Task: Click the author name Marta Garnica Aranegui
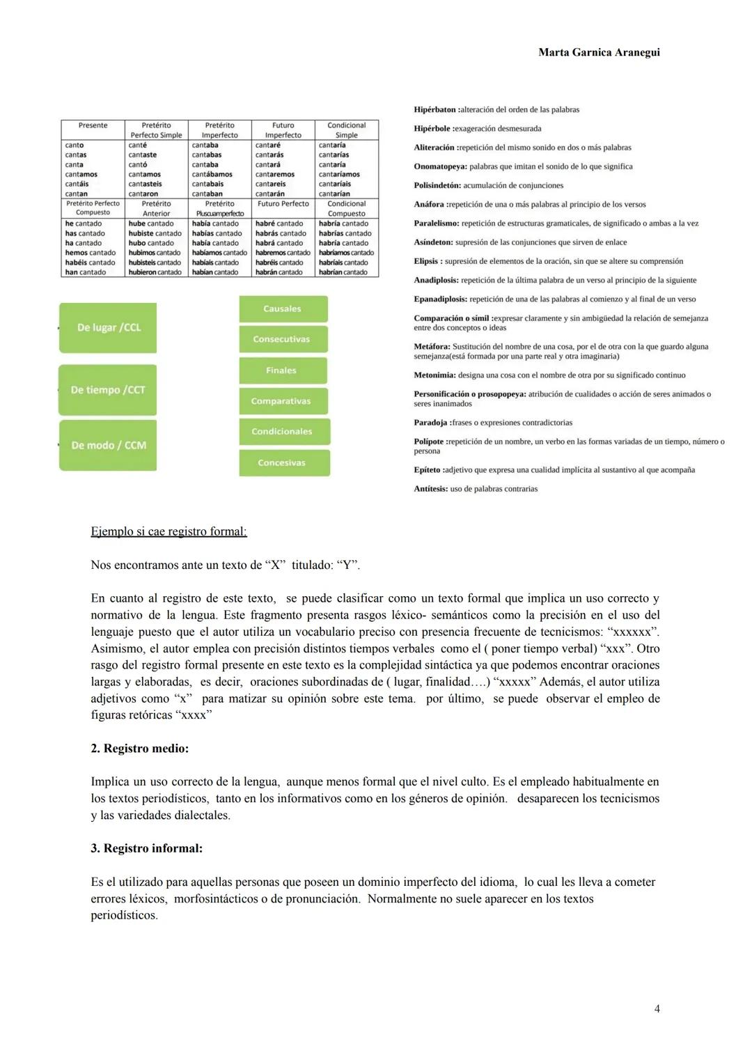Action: (x=599, y=52)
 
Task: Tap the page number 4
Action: (x=657, y=1008)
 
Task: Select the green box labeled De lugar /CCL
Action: (x=108, y=327)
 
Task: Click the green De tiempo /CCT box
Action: (x=108, y=390)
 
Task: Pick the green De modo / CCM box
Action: (x=108, y=445)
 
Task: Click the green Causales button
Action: (x=283, y=309)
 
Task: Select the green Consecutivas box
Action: (x=283, y=339)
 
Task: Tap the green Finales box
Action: (x=283, y=370)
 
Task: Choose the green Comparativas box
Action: (x=283, y=401)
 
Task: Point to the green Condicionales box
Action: (x=283, y=432)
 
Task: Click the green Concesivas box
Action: (x=283, y=462)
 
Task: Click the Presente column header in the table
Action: (x=93, y=125)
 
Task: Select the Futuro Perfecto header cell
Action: (x=283, y=204)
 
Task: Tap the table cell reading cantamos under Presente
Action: (x=81, y=175)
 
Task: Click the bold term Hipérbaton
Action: (x=434, y=109)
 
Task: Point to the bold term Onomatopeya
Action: (x=440, y=166)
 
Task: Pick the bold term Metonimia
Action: (x=434, y=375)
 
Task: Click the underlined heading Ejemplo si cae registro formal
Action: (x=169, y=531)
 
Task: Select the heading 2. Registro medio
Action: (x=139, y=748)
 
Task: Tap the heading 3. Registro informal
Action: (x=146, y=848)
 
